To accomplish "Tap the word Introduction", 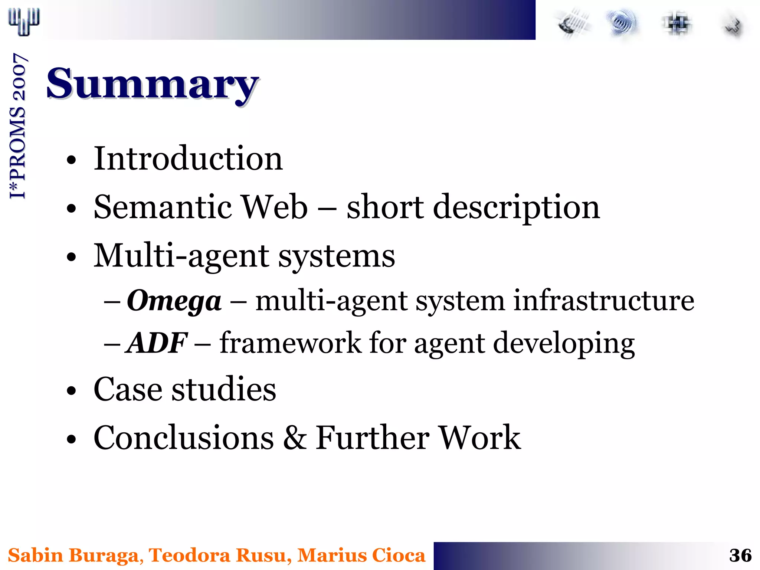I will click(x=188, y=158).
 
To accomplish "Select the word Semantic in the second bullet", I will click(x=163, y=207).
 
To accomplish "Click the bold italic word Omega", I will click(x=174, y=301).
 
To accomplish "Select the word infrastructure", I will click(x=603, y=301).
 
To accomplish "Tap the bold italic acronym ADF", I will click(x=157, y=343).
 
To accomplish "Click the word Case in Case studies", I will click(x=128, y=389).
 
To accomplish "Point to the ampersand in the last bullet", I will click(x=295, y=438).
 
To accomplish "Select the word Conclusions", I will click(x=184, y=438).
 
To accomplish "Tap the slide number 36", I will click(x=740, y=556).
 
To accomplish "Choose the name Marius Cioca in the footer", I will click(x=361, y=556).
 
